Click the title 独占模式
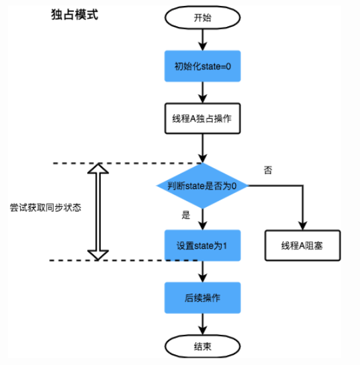(75, 14)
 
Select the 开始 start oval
(201, 17)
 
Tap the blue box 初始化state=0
(202, 67)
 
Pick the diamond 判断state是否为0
(202, 185)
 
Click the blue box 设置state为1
(202, 245)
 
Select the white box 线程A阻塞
(302, 245)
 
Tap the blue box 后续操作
(202, 296)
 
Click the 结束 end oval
(202, 346)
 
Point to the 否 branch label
(267, 170)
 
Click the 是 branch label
(187, 216)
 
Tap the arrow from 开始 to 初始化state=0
(202, 40)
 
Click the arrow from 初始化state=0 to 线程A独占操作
(202, 91)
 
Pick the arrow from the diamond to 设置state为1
(202, 219)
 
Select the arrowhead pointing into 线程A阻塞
(302, 227)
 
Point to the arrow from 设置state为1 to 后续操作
(202, 271)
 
